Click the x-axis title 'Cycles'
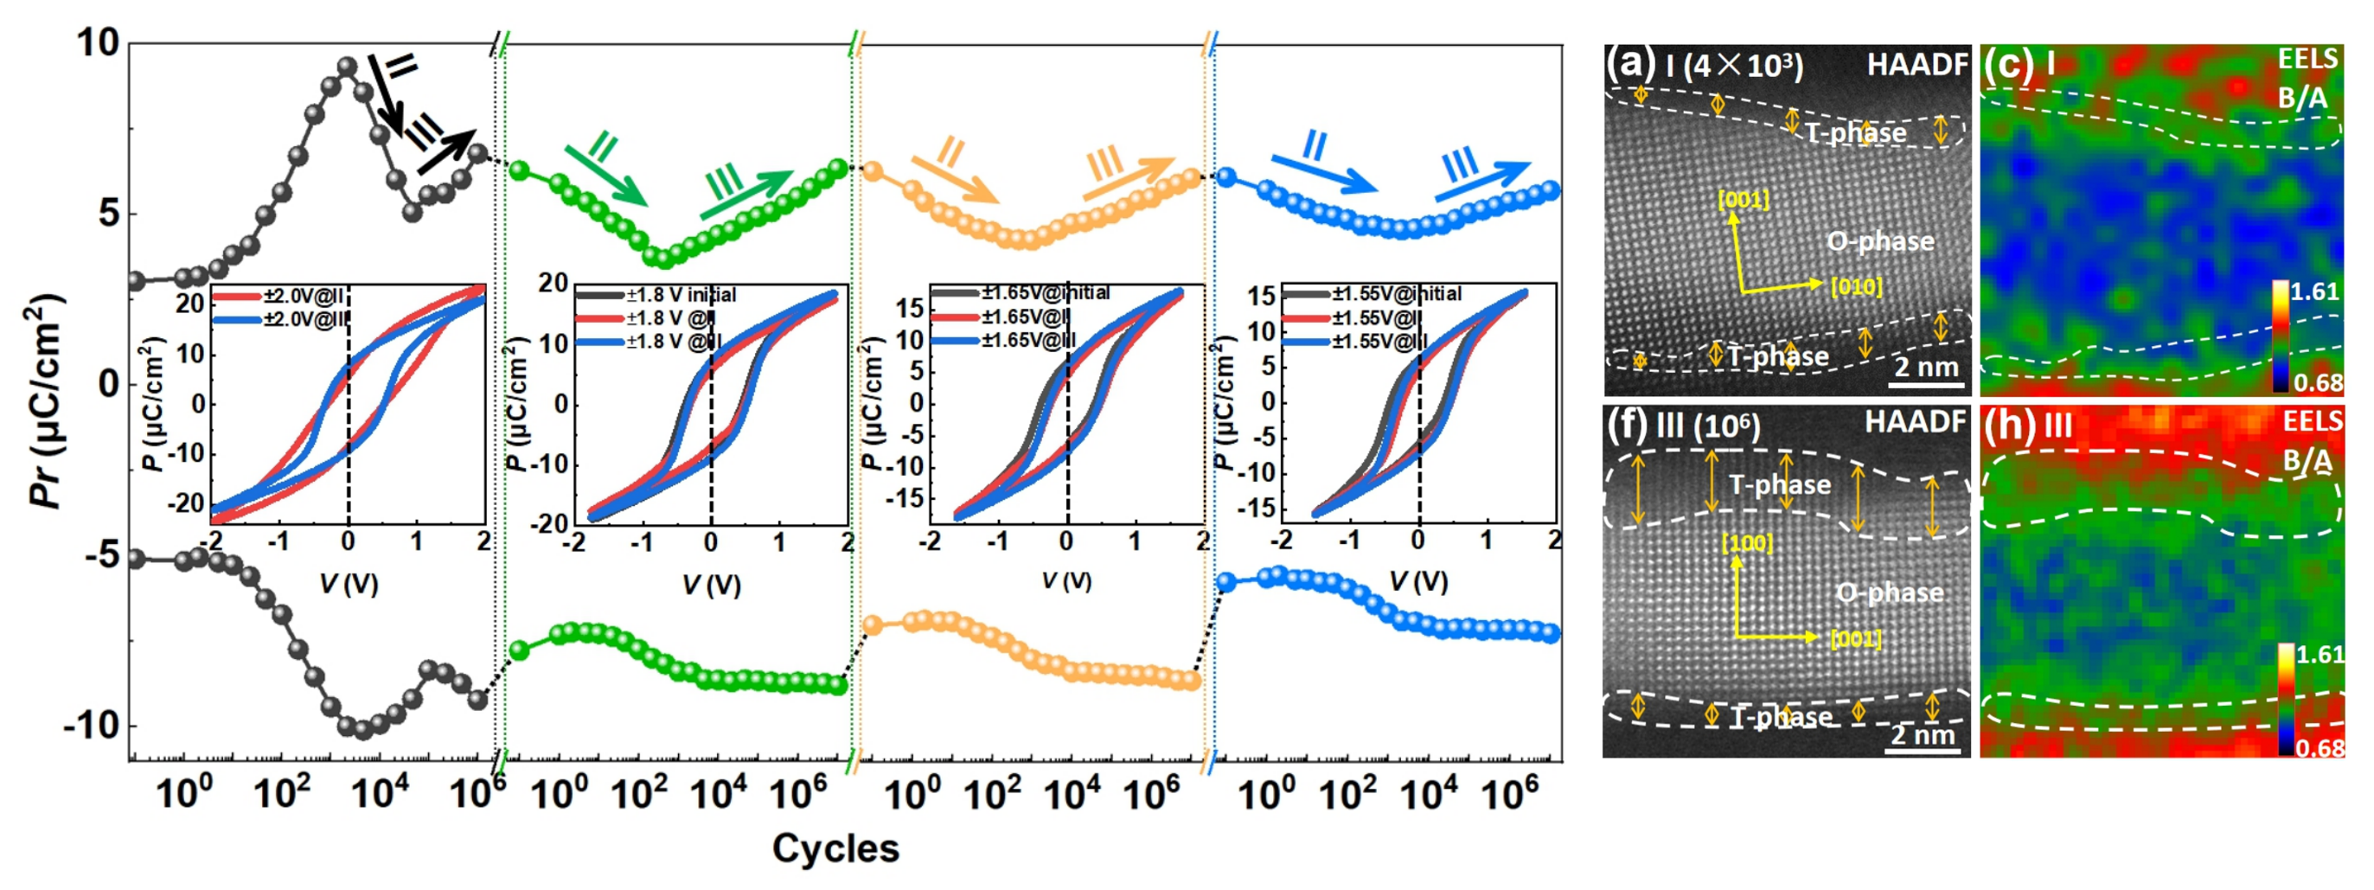point(835,848)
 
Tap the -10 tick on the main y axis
point(93,726)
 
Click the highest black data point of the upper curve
point(348,67)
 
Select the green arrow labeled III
point(746,194)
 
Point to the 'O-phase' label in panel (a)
point(1880,241)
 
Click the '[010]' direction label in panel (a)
point(1856,286)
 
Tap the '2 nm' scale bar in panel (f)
point(1923,736)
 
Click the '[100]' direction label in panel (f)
point(1746,543)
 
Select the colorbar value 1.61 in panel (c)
point(2313,292)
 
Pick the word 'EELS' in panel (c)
point(2307,59)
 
